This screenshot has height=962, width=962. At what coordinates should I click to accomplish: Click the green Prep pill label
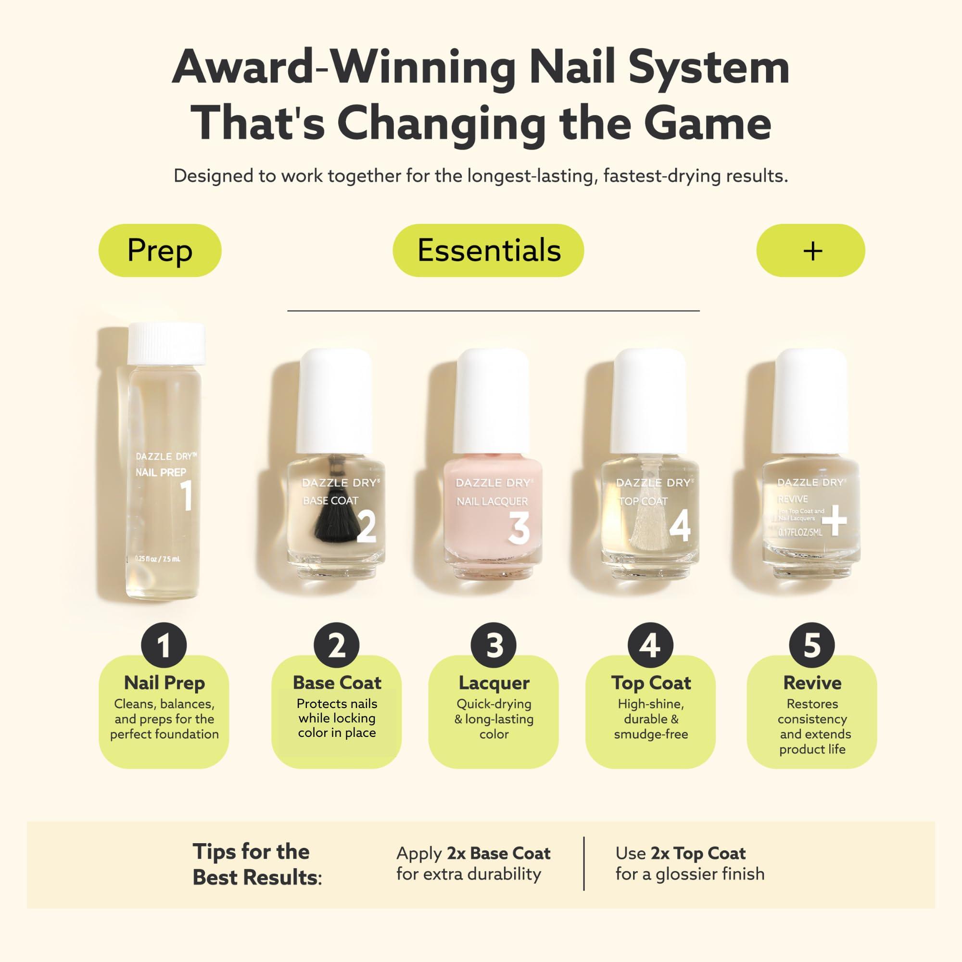coord(160,251)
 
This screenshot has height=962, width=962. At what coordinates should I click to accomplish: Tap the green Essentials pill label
coord(489,251)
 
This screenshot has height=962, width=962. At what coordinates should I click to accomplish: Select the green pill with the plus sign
coord(810,251)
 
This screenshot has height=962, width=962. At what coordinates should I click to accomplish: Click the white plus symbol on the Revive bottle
coord(834,523)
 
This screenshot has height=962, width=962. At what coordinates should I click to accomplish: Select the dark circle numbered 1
coord(164,646)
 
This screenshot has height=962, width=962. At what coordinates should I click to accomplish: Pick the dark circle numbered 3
coord(494,646)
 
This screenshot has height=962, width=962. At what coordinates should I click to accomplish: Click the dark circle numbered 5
coord(811,646)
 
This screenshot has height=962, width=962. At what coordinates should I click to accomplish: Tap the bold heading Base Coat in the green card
coord(337,683)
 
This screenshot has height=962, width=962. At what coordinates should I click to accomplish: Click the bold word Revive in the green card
coord(812,683)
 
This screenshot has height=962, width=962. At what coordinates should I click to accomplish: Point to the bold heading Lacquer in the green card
coord(494,683)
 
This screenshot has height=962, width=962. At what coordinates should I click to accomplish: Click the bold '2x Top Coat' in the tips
coord(698,853)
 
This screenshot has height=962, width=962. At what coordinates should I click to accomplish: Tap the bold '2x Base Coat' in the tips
coord(498,853)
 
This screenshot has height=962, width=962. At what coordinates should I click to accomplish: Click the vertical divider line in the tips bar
coord(583,863)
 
